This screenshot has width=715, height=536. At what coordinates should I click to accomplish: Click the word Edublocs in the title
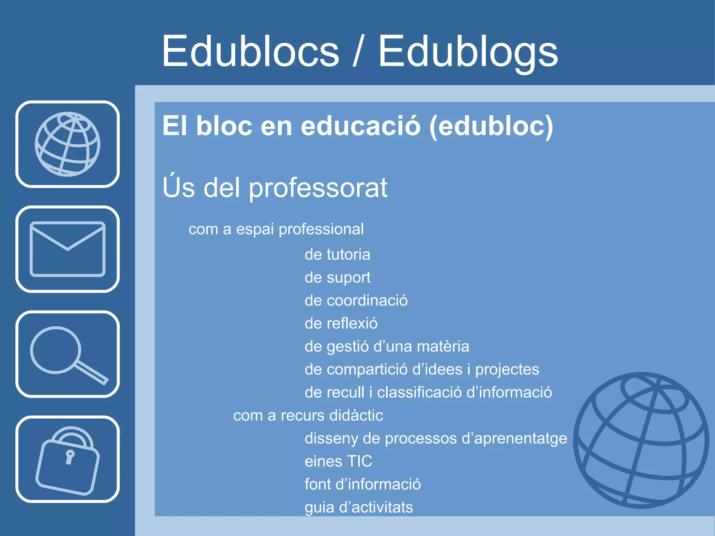point(250,52)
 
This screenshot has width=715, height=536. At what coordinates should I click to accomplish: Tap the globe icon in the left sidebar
point(67,144)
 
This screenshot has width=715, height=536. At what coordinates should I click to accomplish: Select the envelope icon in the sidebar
point(67,249)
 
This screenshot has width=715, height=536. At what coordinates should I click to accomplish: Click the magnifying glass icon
point(67,355)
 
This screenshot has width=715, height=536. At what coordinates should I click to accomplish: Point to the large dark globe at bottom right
point(641,440)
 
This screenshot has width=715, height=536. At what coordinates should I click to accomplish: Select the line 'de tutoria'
point(337,254)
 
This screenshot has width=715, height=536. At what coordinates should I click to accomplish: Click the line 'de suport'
point(337,277)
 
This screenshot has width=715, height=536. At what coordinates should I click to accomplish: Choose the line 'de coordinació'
point(356,300)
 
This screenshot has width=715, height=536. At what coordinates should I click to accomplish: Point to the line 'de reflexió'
point(341,323)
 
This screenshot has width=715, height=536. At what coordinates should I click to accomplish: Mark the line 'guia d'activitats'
point(359,507)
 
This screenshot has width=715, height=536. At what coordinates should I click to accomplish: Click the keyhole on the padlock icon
point(70,456)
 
